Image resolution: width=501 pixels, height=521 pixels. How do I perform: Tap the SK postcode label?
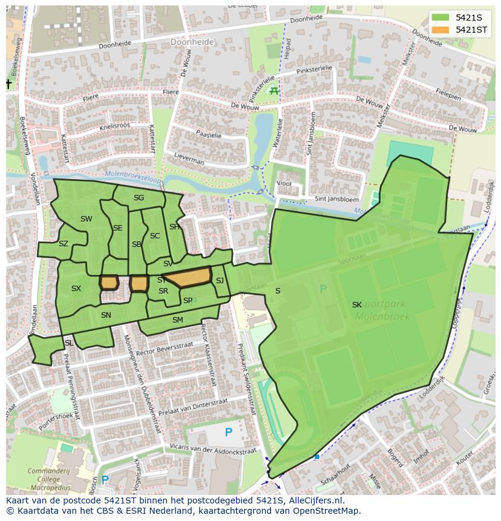click(x=357, y=305)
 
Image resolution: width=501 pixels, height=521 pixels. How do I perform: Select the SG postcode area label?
click(x=139, y=198)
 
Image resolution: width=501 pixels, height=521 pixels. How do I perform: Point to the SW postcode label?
click(x=87, y=219)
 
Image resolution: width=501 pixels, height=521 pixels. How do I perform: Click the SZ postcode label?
click(x=64, y=244)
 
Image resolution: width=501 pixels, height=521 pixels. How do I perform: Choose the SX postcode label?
click(x=76, y=289)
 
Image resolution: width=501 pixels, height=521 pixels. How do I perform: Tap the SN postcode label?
click(x=106, y=315)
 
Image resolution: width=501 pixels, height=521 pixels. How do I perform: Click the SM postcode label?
click(x=177, y=319)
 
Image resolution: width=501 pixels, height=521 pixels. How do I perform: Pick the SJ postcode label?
click(x=220, y=280)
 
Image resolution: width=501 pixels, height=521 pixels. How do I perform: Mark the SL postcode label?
click(x=68, y=343)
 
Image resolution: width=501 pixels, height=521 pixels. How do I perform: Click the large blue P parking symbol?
click(x=228, y=432)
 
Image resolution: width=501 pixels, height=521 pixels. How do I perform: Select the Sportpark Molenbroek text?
click(x=382, y=310)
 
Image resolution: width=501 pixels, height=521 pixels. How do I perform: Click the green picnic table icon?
click(x=274, y=91)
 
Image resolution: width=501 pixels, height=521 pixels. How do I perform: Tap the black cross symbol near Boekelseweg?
click(x=9, y=84)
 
